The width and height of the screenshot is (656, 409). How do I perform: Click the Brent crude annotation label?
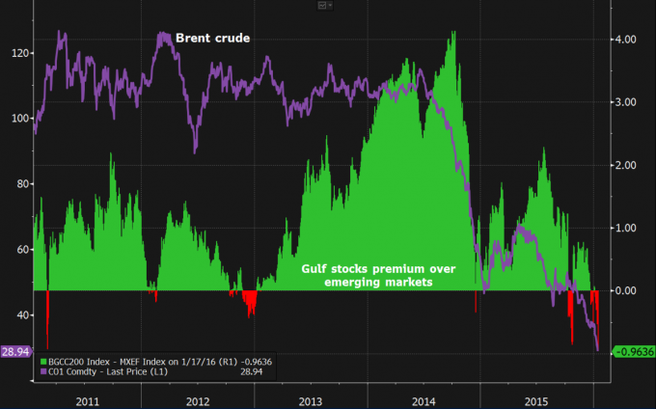click(212, 39)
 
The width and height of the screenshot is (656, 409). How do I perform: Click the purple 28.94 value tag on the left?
click(14, 352)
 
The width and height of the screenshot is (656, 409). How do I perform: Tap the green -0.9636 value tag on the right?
click(633, 352)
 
